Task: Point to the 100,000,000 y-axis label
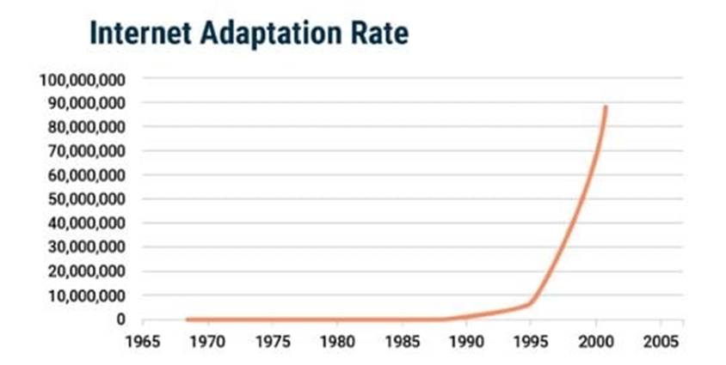pos(83,80)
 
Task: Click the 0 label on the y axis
pos(121,319)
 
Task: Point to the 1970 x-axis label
pos(207,340)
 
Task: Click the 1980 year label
pos(337,340)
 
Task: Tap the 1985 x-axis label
pos(402,340)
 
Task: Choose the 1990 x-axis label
pos(466,340)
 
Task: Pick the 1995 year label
pos(531,340)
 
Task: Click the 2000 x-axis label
pos(596,340)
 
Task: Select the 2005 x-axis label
pos(661,340)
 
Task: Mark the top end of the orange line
pos(606,107)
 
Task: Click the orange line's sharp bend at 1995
pos(530,304)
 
